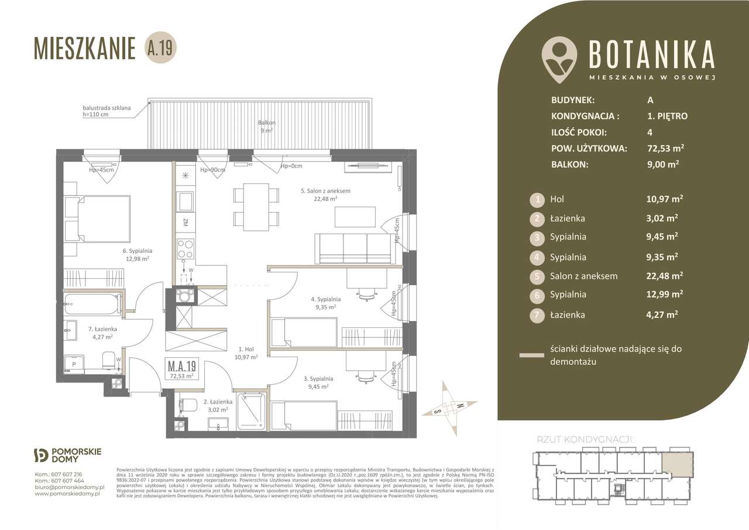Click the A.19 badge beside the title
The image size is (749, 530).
coord(160,48)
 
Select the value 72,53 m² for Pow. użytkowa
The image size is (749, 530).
coord(659,149)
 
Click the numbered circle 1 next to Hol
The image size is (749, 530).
coord(537,200)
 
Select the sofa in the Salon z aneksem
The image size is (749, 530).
coord(353,248)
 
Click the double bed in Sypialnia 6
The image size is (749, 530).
coord(97,219)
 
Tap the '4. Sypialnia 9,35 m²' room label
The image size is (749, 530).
coord(326,303)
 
